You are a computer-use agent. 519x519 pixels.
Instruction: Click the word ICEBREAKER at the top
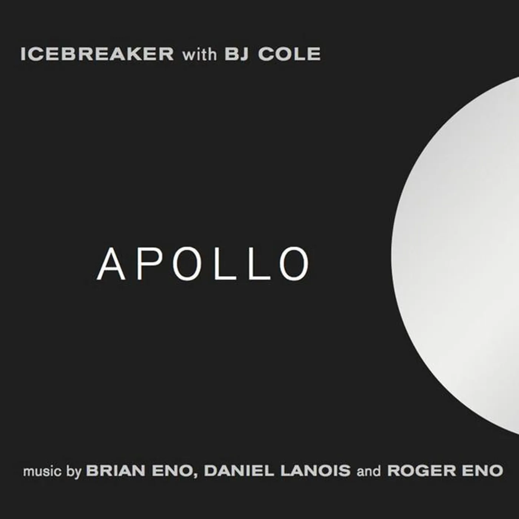tap(97, 54)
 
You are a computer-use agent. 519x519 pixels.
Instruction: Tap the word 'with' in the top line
tap(199, 54)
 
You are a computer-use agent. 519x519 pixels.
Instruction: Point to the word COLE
tap(289, 54)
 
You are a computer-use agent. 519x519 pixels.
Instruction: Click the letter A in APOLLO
tap(111, 264)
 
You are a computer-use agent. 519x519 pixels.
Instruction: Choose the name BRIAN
tap(115, 471)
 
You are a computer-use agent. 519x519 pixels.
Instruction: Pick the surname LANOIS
tap(315, 471)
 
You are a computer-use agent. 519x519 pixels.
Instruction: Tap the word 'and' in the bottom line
tap(368, 471)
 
